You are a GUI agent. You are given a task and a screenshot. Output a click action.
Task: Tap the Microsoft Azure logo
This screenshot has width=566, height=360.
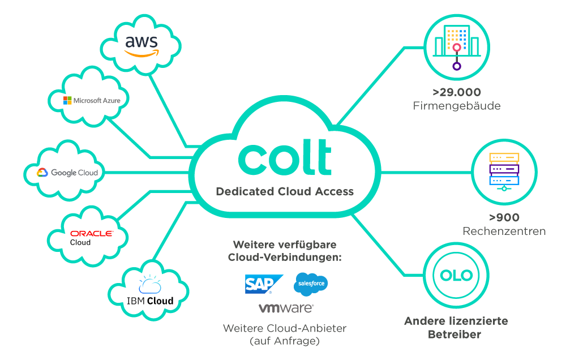click(x=92, y=100)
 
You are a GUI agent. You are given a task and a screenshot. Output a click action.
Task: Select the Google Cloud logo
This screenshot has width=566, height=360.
click(x=68, y=173)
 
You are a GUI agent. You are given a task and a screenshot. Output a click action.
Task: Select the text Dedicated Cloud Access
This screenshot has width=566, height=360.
click(x=285, y=191)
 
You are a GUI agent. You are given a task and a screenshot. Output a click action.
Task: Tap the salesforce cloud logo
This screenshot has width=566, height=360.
click(x=311, y=284)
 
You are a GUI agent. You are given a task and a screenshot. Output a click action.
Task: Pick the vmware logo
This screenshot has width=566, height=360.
click(x=286, y=308)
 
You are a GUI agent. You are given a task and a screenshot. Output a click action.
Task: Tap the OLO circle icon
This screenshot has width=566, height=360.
click(x=456, y=276)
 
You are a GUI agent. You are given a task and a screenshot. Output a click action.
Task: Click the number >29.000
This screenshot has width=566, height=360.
click(x=456, y=92)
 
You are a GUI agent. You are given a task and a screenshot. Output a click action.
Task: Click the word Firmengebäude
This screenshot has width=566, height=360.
click(x=456, y=106)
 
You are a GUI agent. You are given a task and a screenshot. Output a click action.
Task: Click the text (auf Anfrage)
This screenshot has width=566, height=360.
click(x=284, y=341)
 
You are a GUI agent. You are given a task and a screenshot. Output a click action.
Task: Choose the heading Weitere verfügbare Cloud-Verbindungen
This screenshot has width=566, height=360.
click(x=285, y=251)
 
